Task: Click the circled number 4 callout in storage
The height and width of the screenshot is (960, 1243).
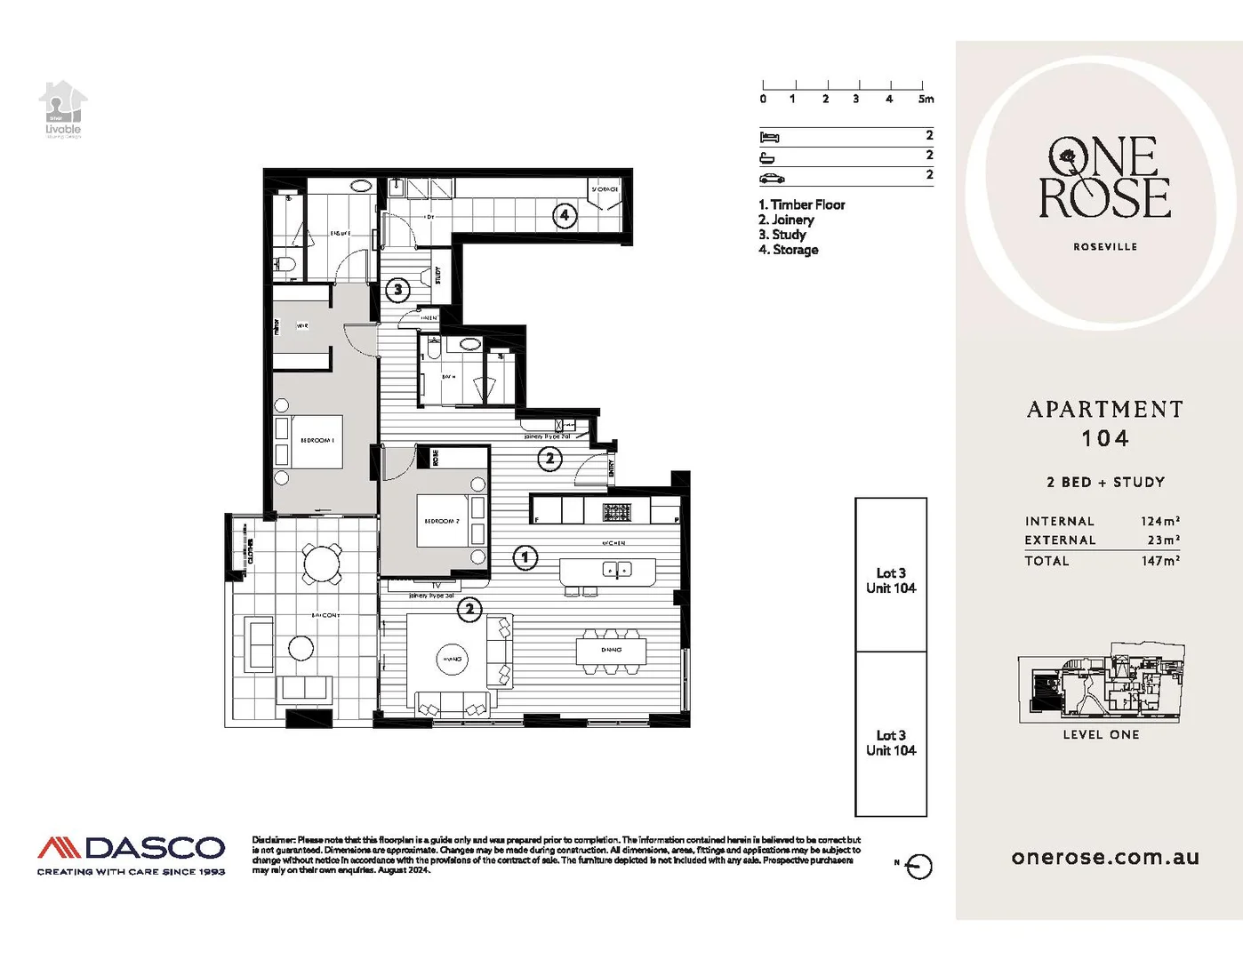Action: pos(564,215)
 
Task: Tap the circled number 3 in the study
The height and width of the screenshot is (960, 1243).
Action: pos(398,289)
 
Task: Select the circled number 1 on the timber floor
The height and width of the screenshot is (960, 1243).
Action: pos(525,557)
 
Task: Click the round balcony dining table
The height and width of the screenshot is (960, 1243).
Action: pos(321,563)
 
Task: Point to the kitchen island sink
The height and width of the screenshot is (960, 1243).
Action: pos(617,570)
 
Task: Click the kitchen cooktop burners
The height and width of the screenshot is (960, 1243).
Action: pos(617,512)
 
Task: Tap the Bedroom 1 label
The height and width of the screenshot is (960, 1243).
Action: pos(317,440)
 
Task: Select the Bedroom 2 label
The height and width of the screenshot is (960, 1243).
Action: pos(441,521)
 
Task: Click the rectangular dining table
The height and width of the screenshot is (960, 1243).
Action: pos(611,650)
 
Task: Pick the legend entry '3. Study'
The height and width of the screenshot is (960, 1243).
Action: pos(782,235)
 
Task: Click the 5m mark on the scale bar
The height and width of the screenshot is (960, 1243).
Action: pos(925,99)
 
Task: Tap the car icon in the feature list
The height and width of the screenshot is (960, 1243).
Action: pos(771,178)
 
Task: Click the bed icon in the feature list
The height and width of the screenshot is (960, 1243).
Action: pos(769,137)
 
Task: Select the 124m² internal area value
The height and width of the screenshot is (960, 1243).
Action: pos(1159,521)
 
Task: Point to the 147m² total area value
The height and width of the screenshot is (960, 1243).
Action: pos(1159,561)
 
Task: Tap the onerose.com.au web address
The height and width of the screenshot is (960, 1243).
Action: pos(1105,858)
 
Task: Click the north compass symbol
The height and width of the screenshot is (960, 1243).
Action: pos(919,867)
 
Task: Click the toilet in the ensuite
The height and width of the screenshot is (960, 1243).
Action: pos(285,264)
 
